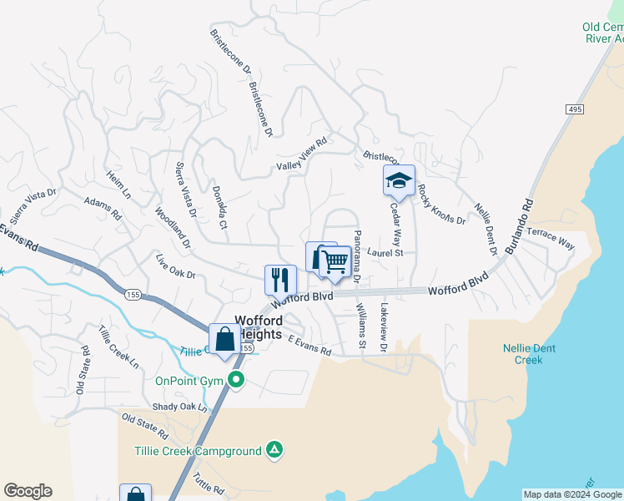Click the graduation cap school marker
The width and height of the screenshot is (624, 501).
[399, 180]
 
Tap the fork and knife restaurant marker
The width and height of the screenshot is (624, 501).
[280, 280]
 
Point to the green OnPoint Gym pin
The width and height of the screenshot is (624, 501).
[236, 381]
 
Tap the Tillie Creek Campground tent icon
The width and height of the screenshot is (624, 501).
[274, 451]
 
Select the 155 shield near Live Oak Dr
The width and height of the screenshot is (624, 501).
[133, 295]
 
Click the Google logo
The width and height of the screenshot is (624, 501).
[28, 491]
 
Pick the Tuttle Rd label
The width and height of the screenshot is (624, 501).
[208, 483]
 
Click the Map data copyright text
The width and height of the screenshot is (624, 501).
[572, 494]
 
